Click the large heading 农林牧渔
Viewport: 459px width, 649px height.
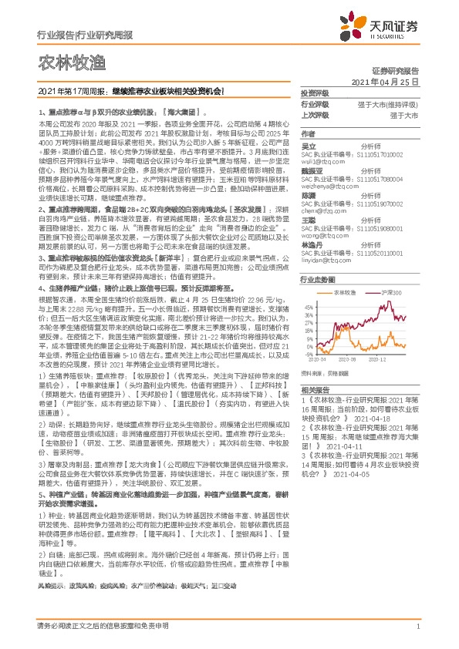pos(65,61)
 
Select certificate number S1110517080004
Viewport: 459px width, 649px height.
pos(362,177)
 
